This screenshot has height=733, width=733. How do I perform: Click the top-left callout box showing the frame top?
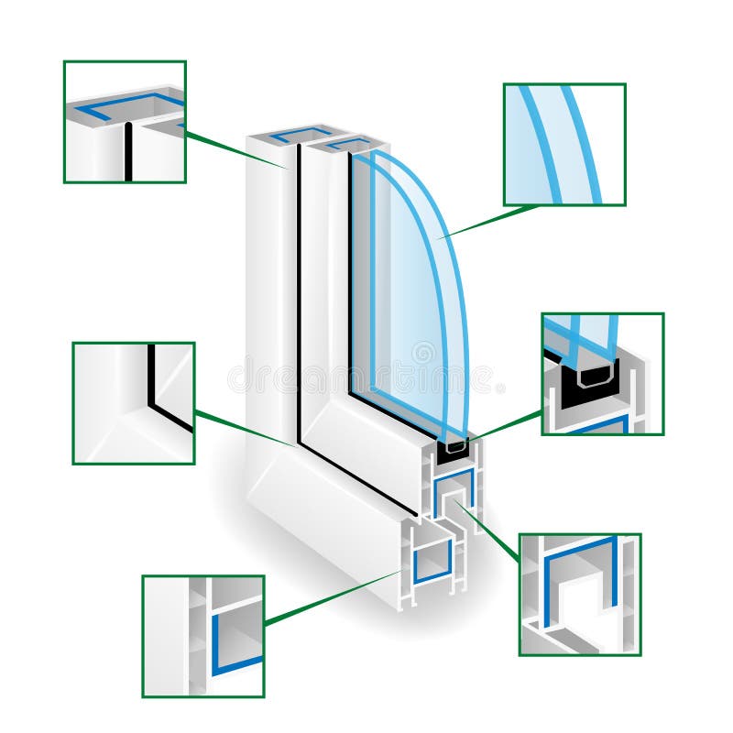pos(125,122)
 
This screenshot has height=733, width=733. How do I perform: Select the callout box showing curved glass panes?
pos(564,145)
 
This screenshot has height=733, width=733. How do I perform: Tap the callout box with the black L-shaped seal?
pos(134,403)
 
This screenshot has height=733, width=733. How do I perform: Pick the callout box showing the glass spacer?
pos(602,374)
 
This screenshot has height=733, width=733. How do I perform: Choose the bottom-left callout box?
pos(203,636)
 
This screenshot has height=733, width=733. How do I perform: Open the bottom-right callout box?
pos(579,595)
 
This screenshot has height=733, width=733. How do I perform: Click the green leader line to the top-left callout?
pos(235,151)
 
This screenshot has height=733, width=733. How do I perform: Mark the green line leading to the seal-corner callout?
pos(245,428)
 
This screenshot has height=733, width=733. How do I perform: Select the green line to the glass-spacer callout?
pos(509,424)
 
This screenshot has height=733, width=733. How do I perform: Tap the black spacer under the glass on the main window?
pos(454,449)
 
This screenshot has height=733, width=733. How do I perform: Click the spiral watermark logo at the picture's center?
pos(423,353)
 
